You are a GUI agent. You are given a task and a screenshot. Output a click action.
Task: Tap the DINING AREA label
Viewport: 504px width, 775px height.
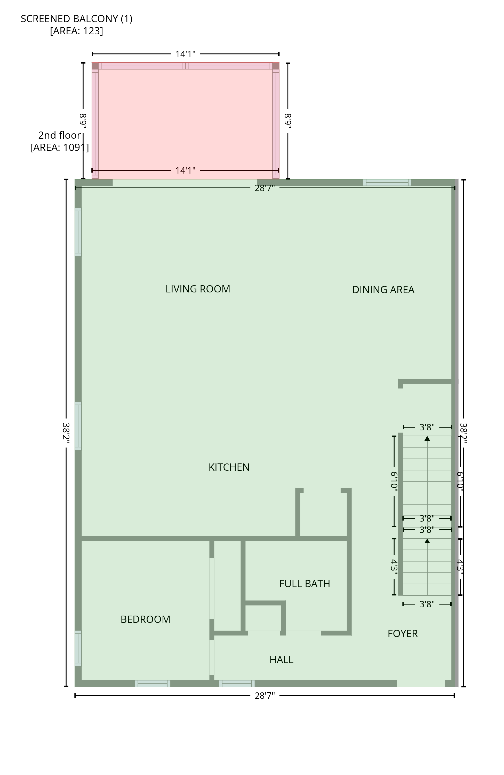(383, 290)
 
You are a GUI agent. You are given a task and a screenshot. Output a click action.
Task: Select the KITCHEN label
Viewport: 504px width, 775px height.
(229, 467)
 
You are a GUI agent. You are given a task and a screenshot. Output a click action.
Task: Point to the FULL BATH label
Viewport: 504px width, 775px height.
(304, 584)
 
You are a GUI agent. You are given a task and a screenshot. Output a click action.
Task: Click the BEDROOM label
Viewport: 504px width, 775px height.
(146, 619)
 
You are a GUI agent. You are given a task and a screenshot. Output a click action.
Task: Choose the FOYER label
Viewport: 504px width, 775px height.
(403, 633)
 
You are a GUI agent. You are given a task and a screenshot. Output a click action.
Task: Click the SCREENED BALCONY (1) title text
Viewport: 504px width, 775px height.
(76, 19)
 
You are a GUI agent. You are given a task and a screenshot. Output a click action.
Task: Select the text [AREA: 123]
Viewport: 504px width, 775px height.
(76, 30)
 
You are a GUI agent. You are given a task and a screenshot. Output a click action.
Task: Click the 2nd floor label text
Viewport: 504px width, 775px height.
(59, 135)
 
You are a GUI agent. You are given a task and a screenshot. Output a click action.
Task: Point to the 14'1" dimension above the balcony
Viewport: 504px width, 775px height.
(186, 54)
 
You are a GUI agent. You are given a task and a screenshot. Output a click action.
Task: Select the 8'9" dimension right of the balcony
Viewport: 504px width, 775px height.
(288, 121)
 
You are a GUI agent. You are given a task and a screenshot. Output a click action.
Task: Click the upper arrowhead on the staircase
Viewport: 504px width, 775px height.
(427, 439)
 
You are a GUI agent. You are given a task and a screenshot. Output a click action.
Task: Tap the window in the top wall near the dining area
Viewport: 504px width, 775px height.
(387, 182)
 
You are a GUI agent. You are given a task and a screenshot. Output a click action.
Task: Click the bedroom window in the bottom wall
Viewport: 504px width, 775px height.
(152, 684)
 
